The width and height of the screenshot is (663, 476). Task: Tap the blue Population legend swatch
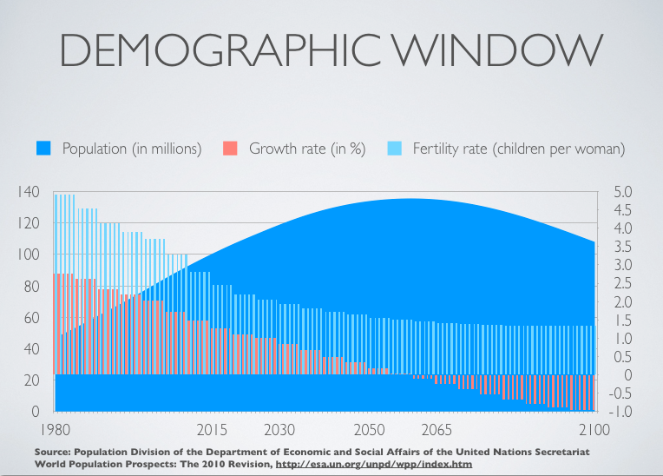click(43, 149)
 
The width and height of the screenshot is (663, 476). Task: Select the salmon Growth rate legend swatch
click(230, 149)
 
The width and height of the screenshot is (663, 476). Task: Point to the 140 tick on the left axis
click(29, 192)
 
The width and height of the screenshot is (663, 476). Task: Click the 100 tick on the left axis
click(29, 255)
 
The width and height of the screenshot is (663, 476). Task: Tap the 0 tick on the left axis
click(34, 412)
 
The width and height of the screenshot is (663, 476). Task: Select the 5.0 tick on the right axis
click(623, 192)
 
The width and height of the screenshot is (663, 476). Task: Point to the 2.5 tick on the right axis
click(623, 283)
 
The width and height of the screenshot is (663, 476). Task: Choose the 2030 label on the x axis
click(279, 430)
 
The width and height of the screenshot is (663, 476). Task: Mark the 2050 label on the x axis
click(369, 430)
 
